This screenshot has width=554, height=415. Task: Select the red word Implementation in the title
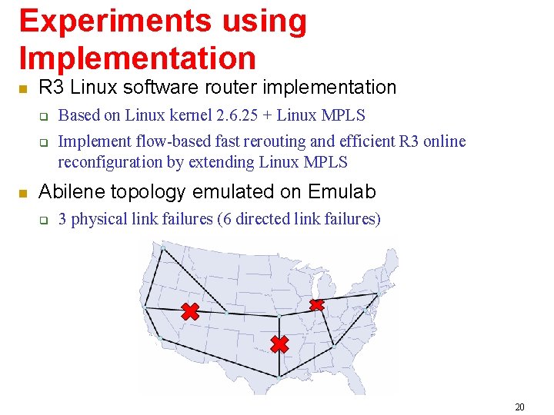[x=137, y=58]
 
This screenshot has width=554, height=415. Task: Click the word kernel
[x=187, y=115]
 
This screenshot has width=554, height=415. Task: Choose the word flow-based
[x=163, y=141]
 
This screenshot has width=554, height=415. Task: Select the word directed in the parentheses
[x=260, y=219]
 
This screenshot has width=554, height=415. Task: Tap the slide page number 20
[x=519, y=407]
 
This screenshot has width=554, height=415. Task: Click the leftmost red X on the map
[x=190, y=311]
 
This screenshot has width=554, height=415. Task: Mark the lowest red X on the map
[x=279, y=344]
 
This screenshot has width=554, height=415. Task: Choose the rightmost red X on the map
[x=316, y=305]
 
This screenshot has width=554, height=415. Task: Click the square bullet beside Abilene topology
[x=23, y=192]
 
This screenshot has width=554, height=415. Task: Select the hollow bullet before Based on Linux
[x=44, y=117]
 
